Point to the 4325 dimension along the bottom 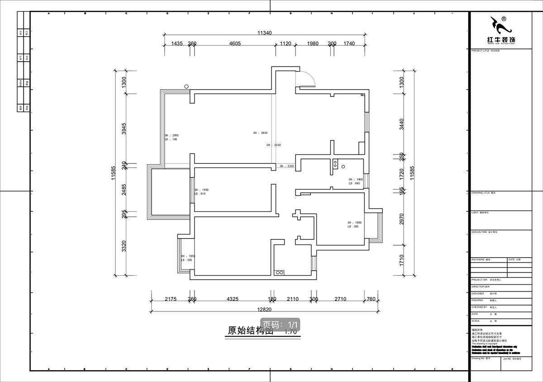[x=232, y=299]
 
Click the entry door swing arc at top [x=309, y=79]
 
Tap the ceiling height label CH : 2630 [x=261, y=133]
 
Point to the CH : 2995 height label [x=171, y=135]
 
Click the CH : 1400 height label [x=356, y=180]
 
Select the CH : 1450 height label [x=201, y=190]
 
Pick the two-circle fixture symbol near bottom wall [x=279, y=272]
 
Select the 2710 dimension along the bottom [x=340, y=299]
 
